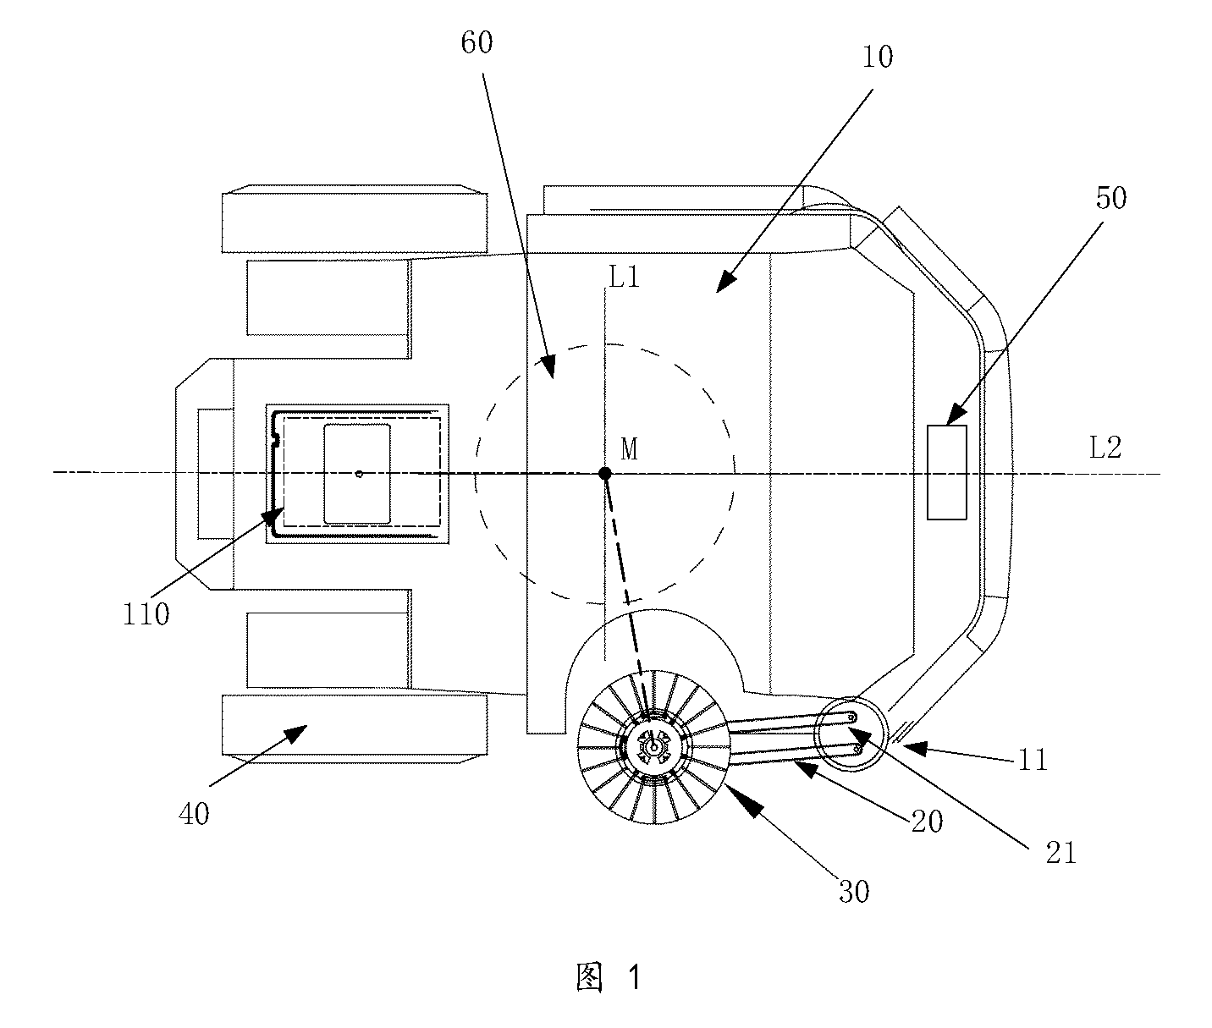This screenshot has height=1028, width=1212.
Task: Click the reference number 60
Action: (477, 43)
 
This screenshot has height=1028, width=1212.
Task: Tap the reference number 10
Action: (877, 57)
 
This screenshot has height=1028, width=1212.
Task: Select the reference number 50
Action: (1111, 198)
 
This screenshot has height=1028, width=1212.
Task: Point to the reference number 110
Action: (146, 614)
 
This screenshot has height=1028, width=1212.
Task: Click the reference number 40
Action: (194, 814)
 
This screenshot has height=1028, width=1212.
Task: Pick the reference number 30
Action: (854, 892)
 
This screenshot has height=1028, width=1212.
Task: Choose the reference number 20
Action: (927, 822)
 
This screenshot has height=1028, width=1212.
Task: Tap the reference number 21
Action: (1061, 853)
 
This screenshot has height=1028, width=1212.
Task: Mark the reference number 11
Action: (1033, 760)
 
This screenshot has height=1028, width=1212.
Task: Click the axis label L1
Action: (624, 277)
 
